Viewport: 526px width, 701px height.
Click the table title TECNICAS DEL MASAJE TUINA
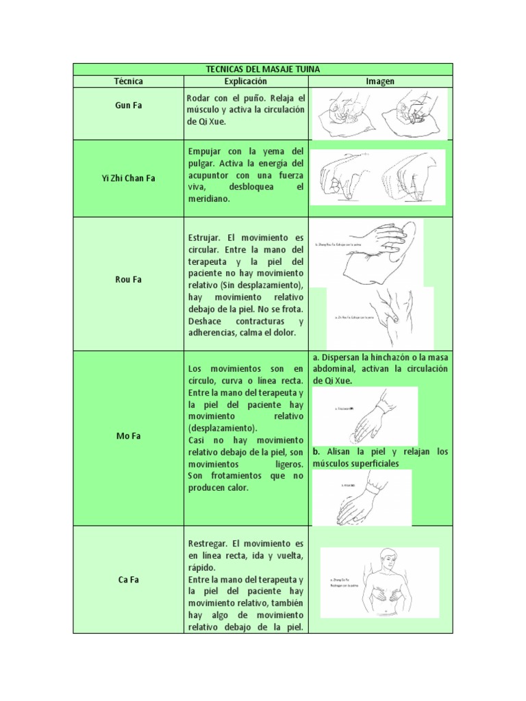coord(263,69)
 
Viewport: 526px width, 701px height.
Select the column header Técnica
coord(128,81)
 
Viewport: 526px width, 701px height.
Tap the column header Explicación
coord(245,81)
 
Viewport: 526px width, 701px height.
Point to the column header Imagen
coord(380,81)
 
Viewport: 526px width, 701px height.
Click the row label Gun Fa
coord(128,106)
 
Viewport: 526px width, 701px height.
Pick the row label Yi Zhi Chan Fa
coord(128,178)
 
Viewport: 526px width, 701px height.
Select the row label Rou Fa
coord(128,279)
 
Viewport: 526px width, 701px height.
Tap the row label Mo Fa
coord(128,435)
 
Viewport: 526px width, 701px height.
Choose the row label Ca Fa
coord(128,579)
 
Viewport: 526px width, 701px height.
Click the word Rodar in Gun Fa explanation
coord(199,99)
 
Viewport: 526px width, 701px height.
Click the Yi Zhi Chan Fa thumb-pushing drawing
coord(378,177)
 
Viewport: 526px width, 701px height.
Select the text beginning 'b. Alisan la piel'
coord(380,457)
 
